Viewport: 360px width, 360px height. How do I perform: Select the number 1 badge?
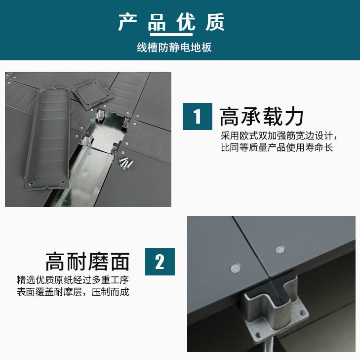click(198, 117)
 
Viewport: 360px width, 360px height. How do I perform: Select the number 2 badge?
click(160, 262)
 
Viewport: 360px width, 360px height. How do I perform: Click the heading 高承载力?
click(262, 117)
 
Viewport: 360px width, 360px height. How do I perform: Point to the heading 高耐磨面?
click(87, 262)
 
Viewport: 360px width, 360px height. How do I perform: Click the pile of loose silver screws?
click(127, 162)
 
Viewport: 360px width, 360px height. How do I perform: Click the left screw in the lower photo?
click(235, 269)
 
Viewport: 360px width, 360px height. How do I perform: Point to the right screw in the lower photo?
click(280, 249)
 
